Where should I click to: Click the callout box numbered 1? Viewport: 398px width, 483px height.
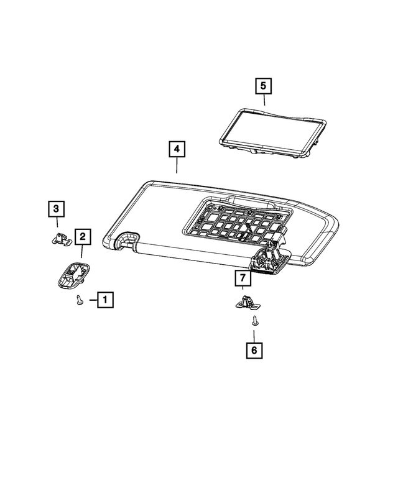click(105, 300)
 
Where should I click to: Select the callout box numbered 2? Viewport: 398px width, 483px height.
click(83, 237)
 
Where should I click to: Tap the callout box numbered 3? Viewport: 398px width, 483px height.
click(56, 209)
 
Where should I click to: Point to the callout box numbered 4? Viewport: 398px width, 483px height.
click(177, 149)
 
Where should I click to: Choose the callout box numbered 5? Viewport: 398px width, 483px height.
click(264, 86)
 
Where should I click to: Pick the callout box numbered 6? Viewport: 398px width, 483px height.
click(254, 350)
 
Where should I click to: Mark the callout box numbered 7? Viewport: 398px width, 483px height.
click(243, 278)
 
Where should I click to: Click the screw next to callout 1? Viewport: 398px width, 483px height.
click(80, 300)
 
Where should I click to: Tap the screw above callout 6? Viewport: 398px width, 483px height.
click(255, 320)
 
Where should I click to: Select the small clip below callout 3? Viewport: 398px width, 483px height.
click(62, 239)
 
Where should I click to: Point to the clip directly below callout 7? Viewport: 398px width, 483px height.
click(247, 302)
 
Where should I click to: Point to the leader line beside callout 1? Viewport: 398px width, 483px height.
click(93, 300)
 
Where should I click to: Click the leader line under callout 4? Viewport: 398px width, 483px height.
click(177, 165)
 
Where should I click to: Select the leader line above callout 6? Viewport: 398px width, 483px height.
click(254, 336)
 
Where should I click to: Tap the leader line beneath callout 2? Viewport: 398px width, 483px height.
click(82, 251)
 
